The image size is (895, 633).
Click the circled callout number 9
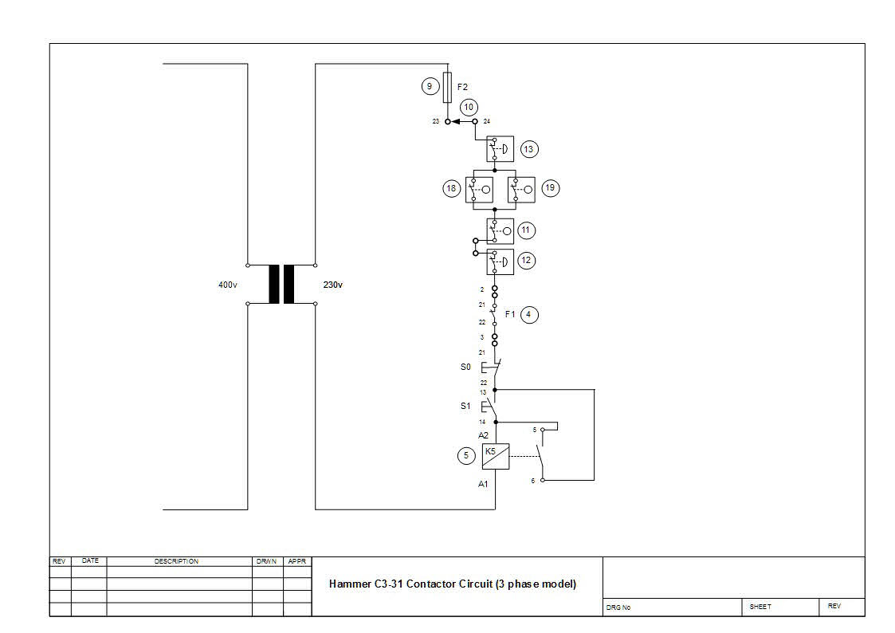[x=430, y=86]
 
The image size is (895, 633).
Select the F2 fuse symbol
[x=447, y=87]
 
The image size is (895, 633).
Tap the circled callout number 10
[x=469, y=107]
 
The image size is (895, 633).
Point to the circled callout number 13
[x=528, y=149]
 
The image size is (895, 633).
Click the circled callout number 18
[x=452, y=189]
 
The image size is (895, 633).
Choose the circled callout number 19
[x=550, y=189]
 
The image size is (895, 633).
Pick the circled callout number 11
[x=525, y=230]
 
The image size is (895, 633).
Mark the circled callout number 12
[x=525, y=260]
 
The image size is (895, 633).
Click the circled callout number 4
[x=530, y=315]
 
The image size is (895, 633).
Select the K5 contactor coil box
[x=495, y=456]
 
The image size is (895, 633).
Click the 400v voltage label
[x=228, y=285]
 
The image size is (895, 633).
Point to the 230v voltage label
[x=332, y=285]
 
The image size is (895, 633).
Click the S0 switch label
[x=465, y=368]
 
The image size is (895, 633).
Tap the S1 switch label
[x=465, y=406]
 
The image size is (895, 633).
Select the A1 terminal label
[x=483, y=484]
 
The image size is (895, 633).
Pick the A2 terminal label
[x=483, y=435]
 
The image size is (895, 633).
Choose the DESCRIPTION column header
[x=176, y=561]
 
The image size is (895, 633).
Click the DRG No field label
[x=618, y=607]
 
